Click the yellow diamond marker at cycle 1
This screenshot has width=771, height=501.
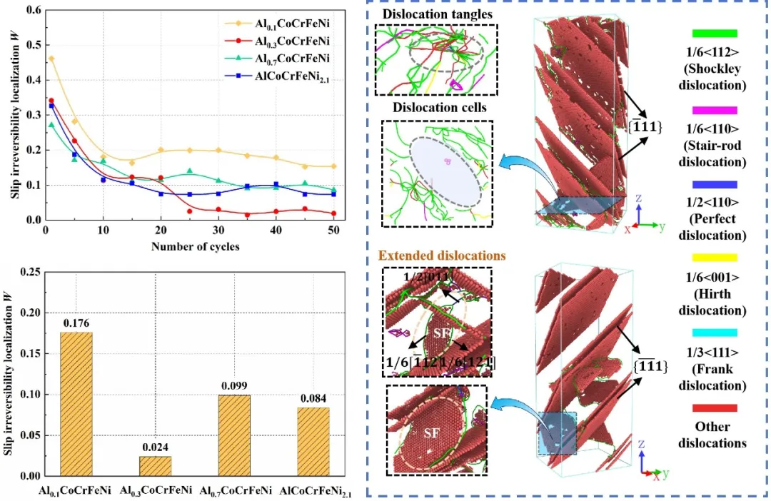(x=51, y=59)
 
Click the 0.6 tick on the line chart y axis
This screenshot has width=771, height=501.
(x=32, y=11)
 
